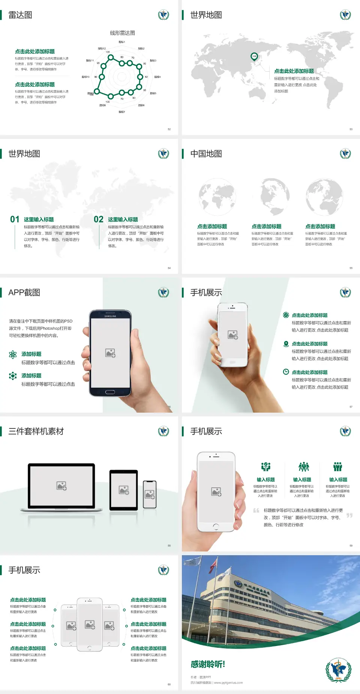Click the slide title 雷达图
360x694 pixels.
click(20, 15)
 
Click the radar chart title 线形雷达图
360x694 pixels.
click(122, 33)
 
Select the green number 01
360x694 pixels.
click(15, 219)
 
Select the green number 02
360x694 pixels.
click(99, 219)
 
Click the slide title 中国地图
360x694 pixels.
click(206, 154)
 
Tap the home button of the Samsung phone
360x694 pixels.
click(110, 392)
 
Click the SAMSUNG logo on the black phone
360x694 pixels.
click(110, 316)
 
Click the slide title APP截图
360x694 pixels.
click(24, 293)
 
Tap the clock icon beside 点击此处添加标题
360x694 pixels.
click(286, 372)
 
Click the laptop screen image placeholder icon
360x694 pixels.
click(61, 486)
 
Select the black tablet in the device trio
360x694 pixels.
click(124, 490)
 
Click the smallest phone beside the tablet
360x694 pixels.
click(150, 494)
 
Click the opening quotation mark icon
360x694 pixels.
click(256, 511)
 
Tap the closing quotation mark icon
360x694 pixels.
click(349, 515)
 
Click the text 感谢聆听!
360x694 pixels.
click(208, 664)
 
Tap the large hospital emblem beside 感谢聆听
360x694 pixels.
click(338, 670)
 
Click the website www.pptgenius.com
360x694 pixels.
click(228, 683)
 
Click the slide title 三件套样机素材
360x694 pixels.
click(36, 431)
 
